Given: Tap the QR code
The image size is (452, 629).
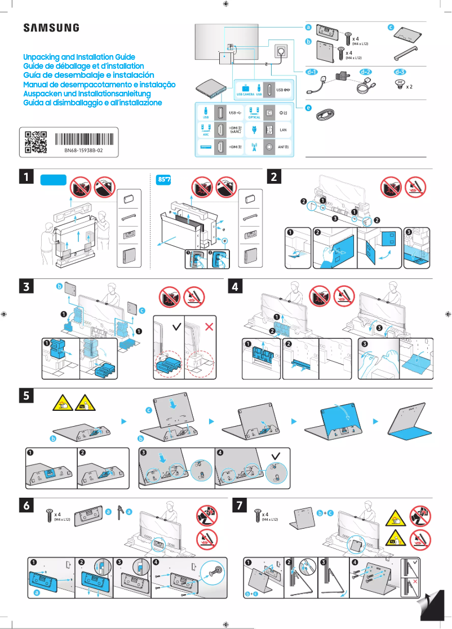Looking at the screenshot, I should (36, 143).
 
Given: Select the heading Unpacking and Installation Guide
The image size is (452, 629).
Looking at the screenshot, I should (79, 57).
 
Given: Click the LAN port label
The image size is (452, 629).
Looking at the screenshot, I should (283, 130).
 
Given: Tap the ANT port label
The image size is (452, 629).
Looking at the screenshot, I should (283, 148).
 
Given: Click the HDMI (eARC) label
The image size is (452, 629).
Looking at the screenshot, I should (236, 130).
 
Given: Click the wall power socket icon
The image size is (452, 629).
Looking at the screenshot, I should (280, 51).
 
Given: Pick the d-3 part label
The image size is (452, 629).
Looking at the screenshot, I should (400, 72).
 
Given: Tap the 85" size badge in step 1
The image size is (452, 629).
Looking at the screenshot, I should (163, 180).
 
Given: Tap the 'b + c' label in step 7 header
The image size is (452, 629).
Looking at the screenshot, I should (326, 513).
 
